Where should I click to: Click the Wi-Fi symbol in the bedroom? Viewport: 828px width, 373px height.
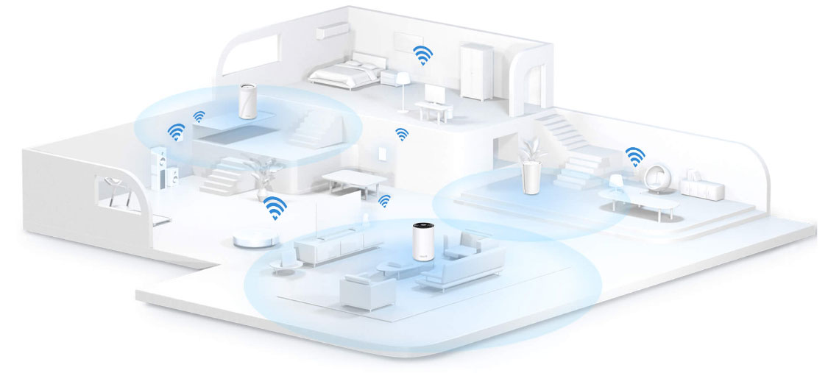pos(422,55)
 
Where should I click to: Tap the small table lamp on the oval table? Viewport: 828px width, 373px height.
pos(615,181)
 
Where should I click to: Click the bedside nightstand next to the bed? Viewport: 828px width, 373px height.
pos(388,77)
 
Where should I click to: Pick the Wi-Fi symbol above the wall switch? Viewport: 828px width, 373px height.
pos(402,134)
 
